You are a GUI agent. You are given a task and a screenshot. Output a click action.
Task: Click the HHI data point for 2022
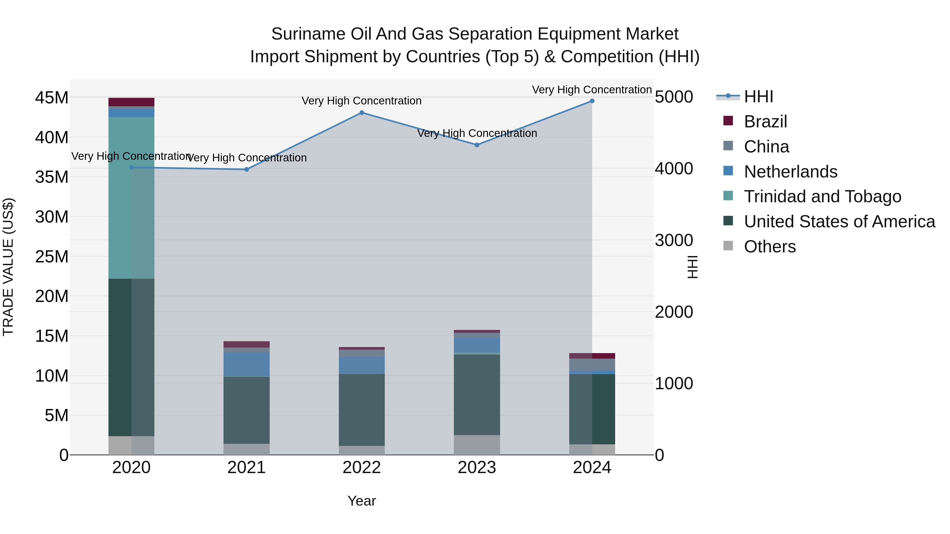[x=362, y=113]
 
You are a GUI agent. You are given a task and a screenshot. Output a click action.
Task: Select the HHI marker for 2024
[x=592, y=101]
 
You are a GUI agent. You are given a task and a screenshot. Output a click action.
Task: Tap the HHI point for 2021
[x=247, y=170]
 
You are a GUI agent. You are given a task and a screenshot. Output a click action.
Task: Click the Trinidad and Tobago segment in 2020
[x=131, y=198]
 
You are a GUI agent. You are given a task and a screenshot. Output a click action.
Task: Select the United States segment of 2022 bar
[x=362, y=410]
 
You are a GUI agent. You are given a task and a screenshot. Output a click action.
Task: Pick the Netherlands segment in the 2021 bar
[x=246, y=364]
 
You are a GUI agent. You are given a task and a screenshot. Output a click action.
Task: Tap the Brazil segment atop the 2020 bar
[x=131, y=102]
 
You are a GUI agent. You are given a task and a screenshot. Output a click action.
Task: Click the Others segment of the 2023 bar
[x=477, y=445]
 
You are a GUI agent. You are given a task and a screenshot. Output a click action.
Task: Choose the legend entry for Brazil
[x=765, y=122]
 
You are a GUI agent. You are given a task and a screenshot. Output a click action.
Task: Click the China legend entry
[x=766, y=147]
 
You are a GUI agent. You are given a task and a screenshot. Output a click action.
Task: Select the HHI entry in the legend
[x=758, y=97]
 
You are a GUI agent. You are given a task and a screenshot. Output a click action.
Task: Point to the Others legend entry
[x=770, y=247]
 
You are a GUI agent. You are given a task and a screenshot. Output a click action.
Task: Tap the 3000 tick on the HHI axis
[x=674, y=240]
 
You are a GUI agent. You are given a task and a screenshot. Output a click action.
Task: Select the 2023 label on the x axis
[x=477, y=468]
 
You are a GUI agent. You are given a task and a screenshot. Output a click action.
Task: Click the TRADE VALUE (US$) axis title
[x=8, y=267]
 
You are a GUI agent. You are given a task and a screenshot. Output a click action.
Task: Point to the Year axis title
[x=362, y=501]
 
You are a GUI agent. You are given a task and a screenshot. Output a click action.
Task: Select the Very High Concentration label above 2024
[x=592, y=90]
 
